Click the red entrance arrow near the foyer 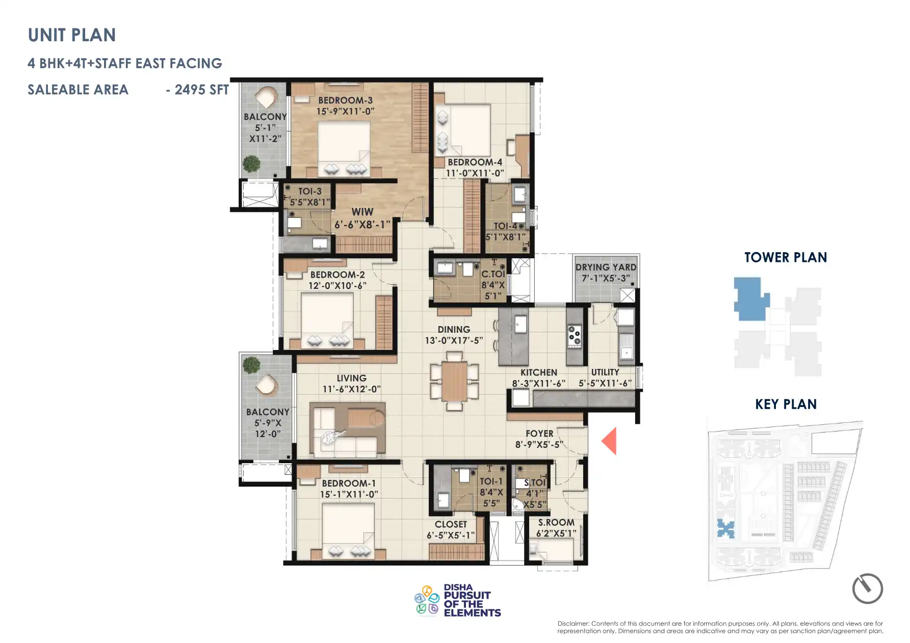pos(610,441)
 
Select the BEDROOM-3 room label pos(345,100)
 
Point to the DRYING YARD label pos(606,267)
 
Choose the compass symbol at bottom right pos(867,588)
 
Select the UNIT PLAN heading pos(72,35)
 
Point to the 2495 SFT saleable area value pos(201,90)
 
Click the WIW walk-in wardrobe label pos(362,212)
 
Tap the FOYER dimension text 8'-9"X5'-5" pos(539,445)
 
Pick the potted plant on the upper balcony pos(251,164)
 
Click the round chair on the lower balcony pos(267,385)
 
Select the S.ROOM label pos(556,522)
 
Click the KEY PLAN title pos(786,404)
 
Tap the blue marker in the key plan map pos(725,529)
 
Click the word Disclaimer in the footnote pos(573,624)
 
